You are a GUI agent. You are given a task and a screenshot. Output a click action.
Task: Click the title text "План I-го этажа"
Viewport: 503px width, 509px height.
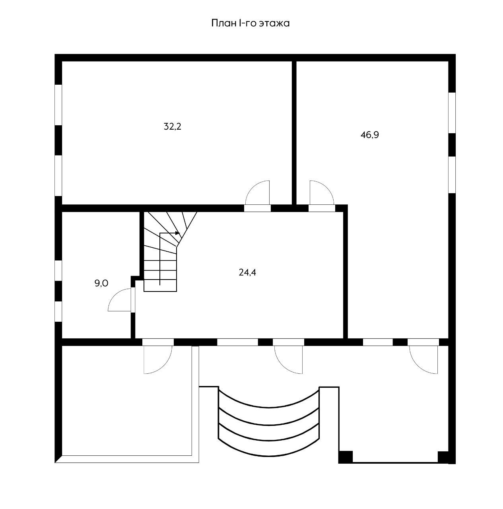coord(250,23)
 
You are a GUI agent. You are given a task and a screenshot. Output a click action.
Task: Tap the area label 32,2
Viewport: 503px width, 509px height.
coord(173,127)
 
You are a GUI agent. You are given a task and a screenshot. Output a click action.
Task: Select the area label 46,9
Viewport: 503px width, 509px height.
coord(370,135)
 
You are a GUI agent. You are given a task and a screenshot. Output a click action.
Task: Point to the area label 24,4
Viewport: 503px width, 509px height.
coord(247,272)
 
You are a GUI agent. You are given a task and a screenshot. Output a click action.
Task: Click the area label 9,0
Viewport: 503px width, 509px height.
coord(101,283)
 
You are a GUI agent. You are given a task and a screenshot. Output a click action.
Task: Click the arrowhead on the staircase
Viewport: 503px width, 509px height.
coord(177,233)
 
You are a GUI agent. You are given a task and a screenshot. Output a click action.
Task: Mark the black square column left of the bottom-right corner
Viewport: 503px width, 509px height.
coord(346,457)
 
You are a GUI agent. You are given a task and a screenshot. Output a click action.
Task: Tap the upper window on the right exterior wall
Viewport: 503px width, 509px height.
coord(452,113)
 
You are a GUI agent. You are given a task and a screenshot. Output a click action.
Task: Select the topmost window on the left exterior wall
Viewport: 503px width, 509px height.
coord(58,105)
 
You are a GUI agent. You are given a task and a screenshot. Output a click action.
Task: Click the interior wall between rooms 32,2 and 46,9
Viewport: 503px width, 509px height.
coord(294,133)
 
